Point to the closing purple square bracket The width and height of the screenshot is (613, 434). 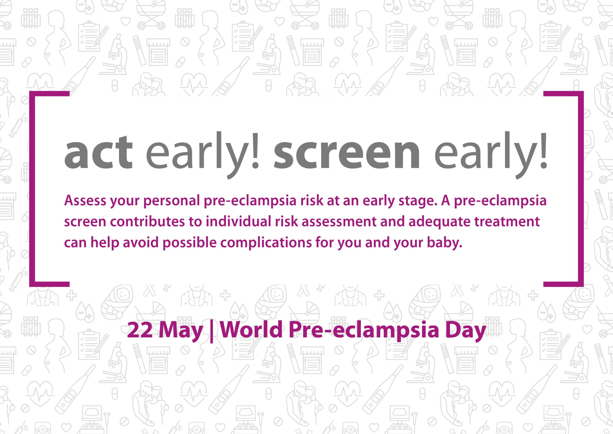(x=581, y=188)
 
